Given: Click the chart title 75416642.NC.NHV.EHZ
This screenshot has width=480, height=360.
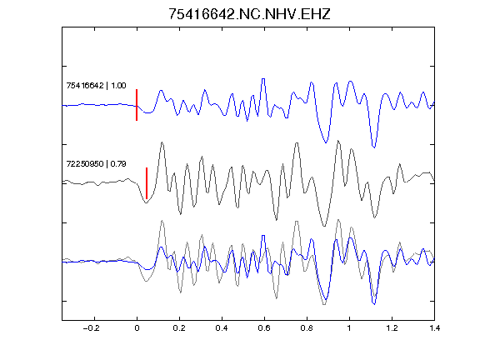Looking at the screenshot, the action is [x=249, y=14].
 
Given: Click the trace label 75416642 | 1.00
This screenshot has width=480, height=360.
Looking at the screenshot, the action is [x=96, y=85].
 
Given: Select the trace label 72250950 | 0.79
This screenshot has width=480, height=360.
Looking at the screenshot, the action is [x=96, y=164].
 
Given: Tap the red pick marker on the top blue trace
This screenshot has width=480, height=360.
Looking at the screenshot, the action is [x=137, y=105].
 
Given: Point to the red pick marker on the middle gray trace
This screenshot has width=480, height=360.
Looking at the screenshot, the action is [x=147, y=183].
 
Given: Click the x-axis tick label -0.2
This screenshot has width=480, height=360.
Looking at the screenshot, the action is [x=91, y=328].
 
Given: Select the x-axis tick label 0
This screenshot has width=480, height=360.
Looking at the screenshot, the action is [x=137, y=328].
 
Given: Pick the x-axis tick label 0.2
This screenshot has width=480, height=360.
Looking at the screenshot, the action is [x=179, y=328].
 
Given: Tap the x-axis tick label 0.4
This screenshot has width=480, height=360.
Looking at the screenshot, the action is [x=222, y=328].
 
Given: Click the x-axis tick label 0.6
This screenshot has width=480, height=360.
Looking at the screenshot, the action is [x=264, y=328].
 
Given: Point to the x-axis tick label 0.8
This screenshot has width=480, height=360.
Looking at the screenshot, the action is [x=307, y=328].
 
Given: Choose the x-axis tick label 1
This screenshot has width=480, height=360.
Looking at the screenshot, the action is [x=349, y=328].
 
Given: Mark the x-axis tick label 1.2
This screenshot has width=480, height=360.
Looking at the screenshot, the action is [x=392, y=328].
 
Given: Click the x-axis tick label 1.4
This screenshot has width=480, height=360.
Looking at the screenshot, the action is [x=434, y=328].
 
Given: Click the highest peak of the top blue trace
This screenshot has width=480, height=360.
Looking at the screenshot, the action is [x=263, y=79].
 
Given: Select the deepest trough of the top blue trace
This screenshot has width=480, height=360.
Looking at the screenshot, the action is [x=374, y=147].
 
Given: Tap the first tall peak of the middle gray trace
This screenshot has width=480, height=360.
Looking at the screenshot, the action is [x=162, y=142].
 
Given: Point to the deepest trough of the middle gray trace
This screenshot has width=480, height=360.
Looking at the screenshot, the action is [x=324, y=226].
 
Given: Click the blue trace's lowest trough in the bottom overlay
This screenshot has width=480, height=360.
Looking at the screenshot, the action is [x=374, y=304].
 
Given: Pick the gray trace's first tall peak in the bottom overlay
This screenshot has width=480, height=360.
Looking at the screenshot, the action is [x=162, y=221].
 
